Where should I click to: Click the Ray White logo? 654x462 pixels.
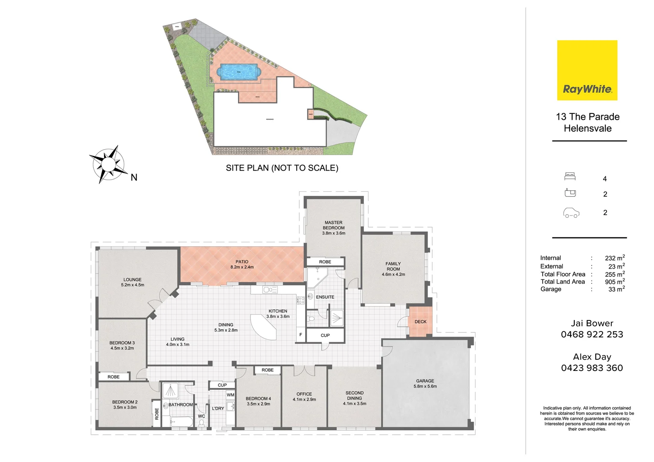click(587, 71)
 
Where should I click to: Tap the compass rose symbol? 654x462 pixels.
click(108, 165)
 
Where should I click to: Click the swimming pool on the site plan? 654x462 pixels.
click(238, 72)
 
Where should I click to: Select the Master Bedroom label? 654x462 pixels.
click(333, 228)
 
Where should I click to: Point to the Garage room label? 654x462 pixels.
click(425, 383)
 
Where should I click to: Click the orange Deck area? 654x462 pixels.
click(420, 322)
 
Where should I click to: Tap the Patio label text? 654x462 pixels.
click(242, 264)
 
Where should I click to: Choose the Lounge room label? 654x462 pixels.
click(133, 282)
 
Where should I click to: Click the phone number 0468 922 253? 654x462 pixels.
click(592, 335)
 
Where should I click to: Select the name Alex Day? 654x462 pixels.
click(592, 357)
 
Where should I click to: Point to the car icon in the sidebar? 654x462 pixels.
click(571, 213)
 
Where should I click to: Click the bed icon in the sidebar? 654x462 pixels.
click(570, 176)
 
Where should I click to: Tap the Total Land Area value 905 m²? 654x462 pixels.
click(615, 281)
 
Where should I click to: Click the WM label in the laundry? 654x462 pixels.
click(230, 395)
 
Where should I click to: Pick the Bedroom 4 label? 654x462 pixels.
click(258, 401)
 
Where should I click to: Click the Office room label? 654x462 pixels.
click(304, 397)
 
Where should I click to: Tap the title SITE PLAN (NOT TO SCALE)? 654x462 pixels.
click(282, 168)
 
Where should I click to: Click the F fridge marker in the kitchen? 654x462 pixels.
click(300, 335)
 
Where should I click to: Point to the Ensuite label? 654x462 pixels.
click(325, 297)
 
